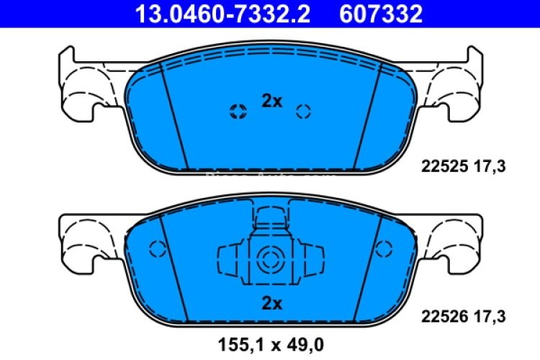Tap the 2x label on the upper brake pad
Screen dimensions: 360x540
271,102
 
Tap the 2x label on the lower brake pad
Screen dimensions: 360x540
271,303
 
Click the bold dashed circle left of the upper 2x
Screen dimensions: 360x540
236,111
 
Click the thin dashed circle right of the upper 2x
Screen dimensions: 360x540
303,111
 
